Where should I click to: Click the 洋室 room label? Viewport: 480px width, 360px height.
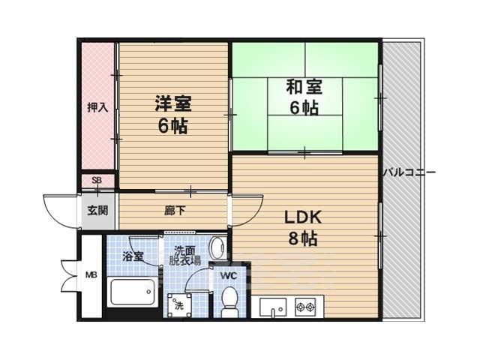173,103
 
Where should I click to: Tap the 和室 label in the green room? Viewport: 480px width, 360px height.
304,87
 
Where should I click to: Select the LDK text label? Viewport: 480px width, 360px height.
303,217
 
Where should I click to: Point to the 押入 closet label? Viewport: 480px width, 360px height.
97,107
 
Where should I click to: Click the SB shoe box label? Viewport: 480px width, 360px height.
97,181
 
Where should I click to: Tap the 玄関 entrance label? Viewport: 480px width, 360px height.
97,210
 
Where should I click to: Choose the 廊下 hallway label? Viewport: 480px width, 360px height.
175,211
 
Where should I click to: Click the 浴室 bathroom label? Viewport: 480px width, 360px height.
133,256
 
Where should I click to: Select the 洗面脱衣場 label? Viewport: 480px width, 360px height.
185,256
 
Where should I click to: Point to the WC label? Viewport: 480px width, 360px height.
229,276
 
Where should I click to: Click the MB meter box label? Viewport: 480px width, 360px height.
91,275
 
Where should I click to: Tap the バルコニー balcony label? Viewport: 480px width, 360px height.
409,172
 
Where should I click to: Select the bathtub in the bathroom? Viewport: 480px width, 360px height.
132,292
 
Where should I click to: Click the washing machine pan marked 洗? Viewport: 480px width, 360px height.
180,305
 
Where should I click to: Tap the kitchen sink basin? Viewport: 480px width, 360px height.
273,307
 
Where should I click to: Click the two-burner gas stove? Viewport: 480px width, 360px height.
305,307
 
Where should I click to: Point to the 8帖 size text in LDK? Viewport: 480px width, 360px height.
303,238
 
